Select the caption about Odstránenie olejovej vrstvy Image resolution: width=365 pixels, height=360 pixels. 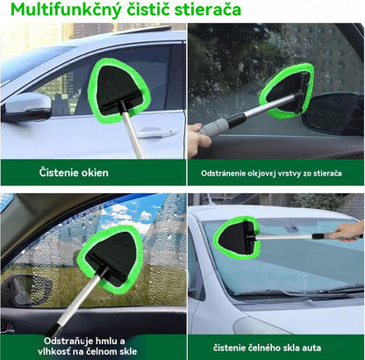click(x=275, y=172)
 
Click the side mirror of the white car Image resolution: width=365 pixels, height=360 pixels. click(x=27, y=107)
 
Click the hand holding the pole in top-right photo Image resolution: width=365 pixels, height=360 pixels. click(x=197, y=140)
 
